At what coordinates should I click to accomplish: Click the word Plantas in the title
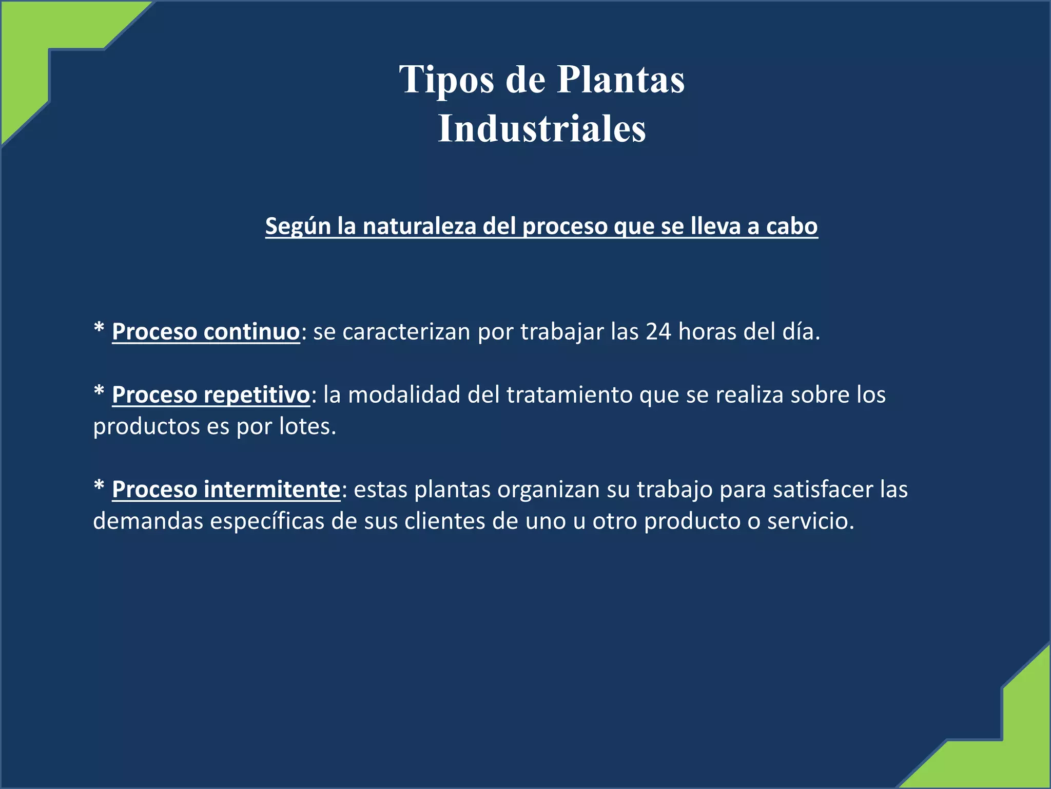click(x=620, y=80)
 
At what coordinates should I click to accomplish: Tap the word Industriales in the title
click(x=542, y=128)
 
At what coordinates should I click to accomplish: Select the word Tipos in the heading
click(x=446, y=81)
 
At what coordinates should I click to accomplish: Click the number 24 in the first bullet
click(x=658, y=332)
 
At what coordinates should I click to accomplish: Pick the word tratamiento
click(x=569, y=395)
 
